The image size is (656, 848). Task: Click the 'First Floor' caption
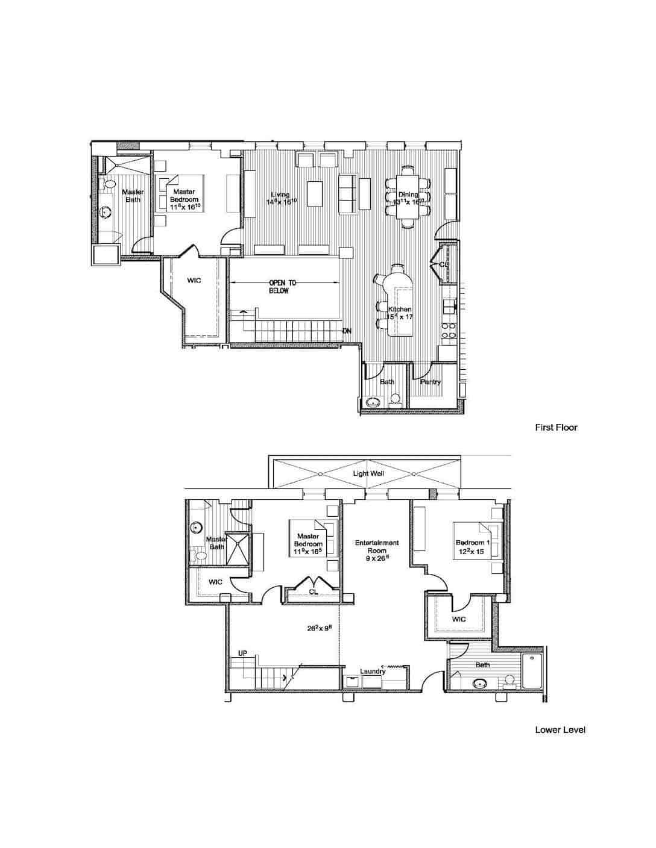click(x=556, y=428)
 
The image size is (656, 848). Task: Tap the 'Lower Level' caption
click(x=560, y=730)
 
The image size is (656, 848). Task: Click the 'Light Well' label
click(x=368, y=474)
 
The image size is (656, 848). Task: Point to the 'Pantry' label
click(x=430, y=382)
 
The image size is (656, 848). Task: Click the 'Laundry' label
click(x=373, y=672)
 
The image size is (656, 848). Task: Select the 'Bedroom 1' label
click(x=473, y=543)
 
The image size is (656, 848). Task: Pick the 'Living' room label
click(x=280, y=195)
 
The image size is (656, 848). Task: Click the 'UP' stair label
click(x=242, y=653)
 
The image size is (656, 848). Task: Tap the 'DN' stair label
click(x=347, y=331)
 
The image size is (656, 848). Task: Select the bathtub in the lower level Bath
click(x=533, y=672)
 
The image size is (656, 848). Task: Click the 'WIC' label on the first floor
click(x=194, y=281)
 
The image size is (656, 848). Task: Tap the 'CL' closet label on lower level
click(x=314, y=591)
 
